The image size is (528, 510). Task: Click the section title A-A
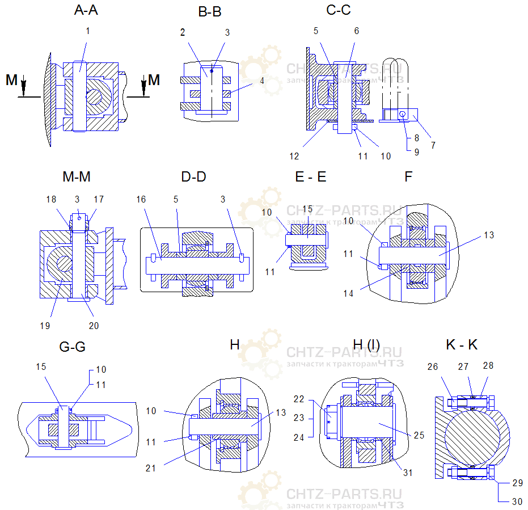pos(86,11)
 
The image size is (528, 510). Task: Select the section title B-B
pos(210,12)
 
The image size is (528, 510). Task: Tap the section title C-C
pos(339,11)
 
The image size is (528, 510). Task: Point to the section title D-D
pos(193,176)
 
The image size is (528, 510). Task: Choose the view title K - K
pos(462,345)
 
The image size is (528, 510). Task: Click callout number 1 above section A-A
pos(88,31)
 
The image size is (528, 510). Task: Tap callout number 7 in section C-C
pos(433,145)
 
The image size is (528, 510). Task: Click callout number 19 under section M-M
pos(45,326)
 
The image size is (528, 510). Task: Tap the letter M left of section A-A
pos(12,81)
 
